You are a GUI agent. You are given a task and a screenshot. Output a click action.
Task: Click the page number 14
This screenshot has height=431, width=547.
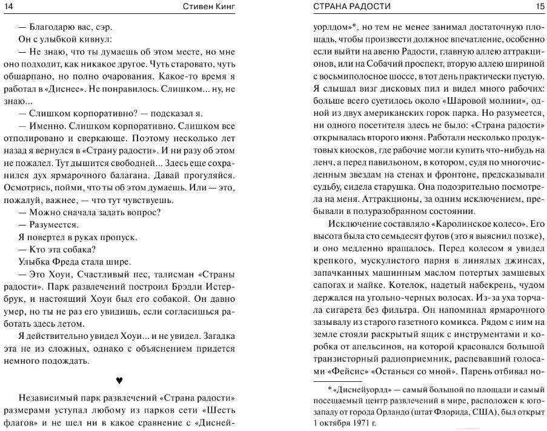point(8,7)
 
